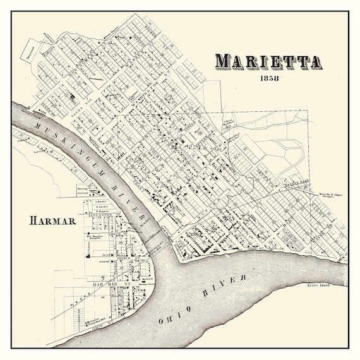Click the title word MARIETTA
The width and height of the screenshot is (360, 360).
[x=268, y=62]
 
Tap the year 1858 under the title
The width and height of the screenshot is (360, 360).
[x=268, y=79]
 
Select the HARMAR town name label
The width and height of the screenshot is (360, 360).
[x=52, y=221]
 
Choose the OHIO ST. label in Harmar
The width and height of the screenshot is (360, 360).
[x=98, y=327]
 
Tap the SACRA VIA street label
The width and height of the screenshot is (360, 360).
[x=84, y=109]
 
